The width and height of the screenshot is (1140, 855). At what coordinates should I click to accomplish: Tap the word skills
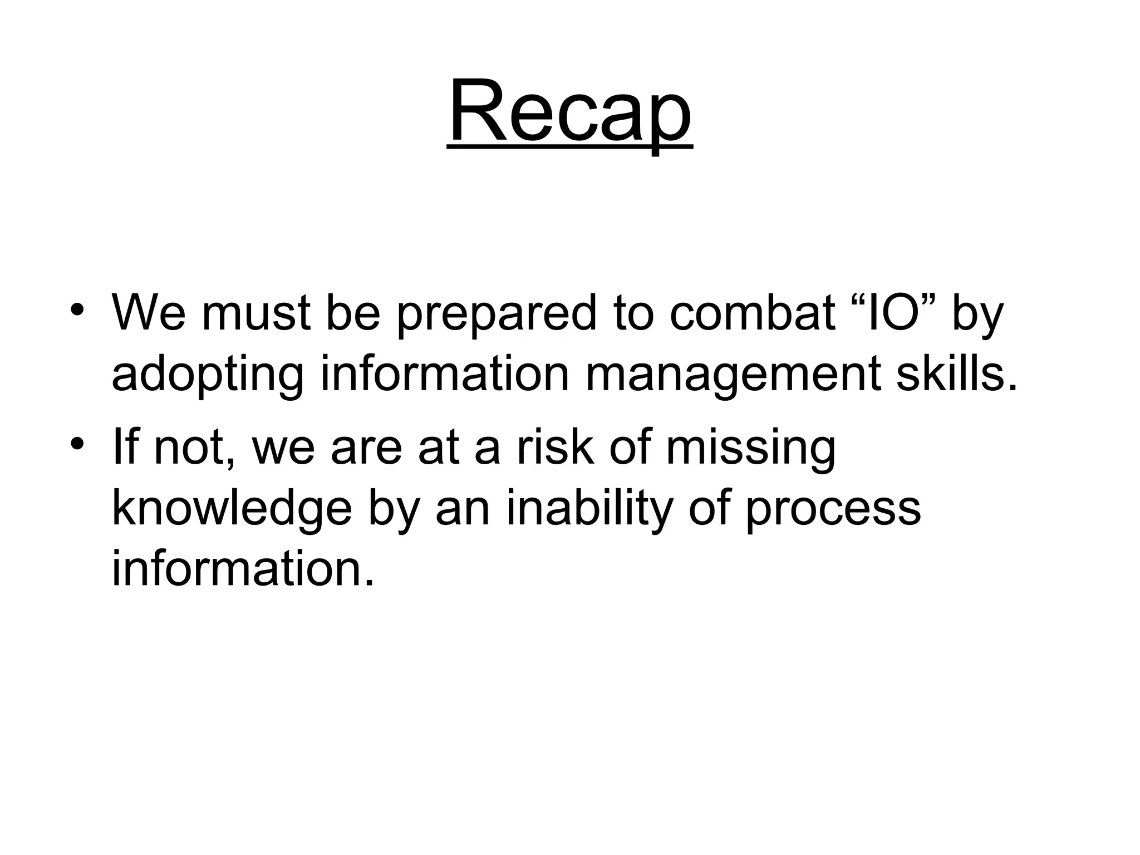click(955, 374)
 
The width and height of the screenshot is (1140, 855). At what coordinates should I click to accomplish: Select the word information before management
click(445, 374)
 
